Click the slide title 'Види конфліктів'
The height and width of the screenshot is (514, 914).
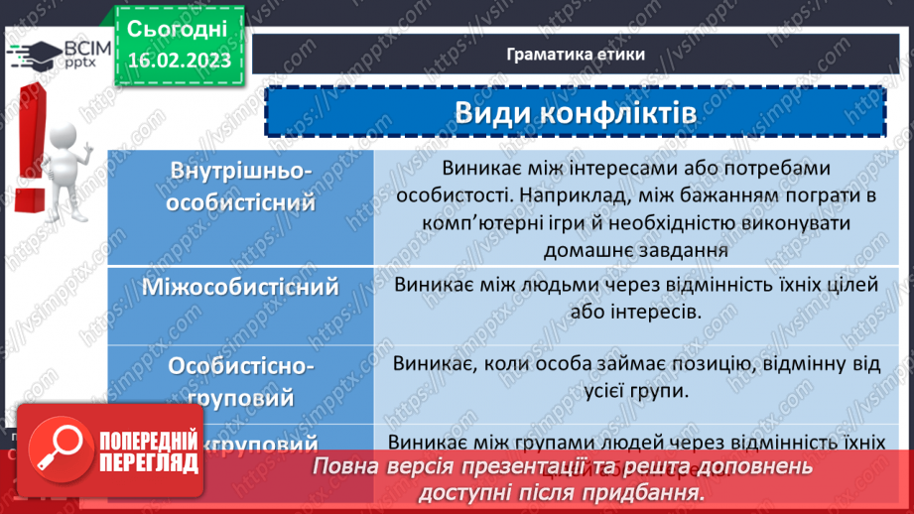tap(575, 111)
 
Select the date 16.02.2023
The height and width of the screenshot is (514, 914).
tap(178, 61)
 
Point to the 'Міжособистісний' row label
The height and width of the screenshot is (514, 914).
tap(241, 288)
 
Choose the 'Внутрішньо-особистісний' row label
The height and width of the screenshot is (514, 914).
tap(241, 188)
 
